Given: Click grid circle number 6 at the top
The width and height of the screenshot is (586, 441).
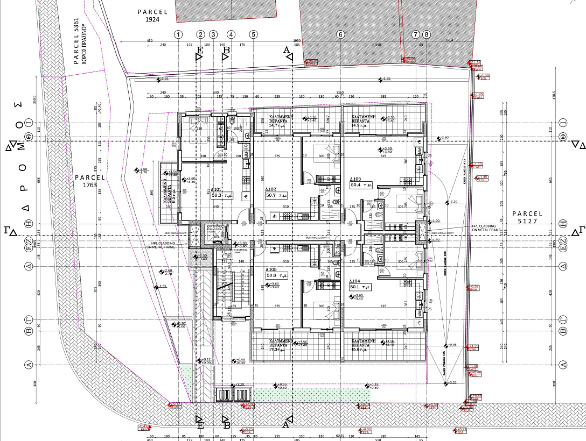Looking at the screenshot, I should coord(340,34).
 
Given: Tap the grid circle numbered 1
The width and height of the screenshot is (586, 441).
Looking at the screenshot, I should coord(178,34).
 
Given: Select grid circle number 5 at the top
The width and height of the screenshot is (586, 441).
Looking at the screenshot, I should coord(253,34).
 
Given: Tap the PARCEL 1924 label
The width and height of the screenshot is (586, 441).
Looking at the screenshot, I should coord(153,15).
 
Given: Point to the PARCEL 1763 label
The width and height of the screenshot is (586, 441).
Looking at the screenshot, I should coord(89,181).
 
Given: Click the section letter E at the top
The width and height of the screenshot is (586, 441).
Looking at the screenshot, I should coord(200,50).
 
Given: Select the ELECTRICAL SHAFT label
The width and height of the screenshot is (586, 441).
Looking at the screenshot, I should coord(239,251).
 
